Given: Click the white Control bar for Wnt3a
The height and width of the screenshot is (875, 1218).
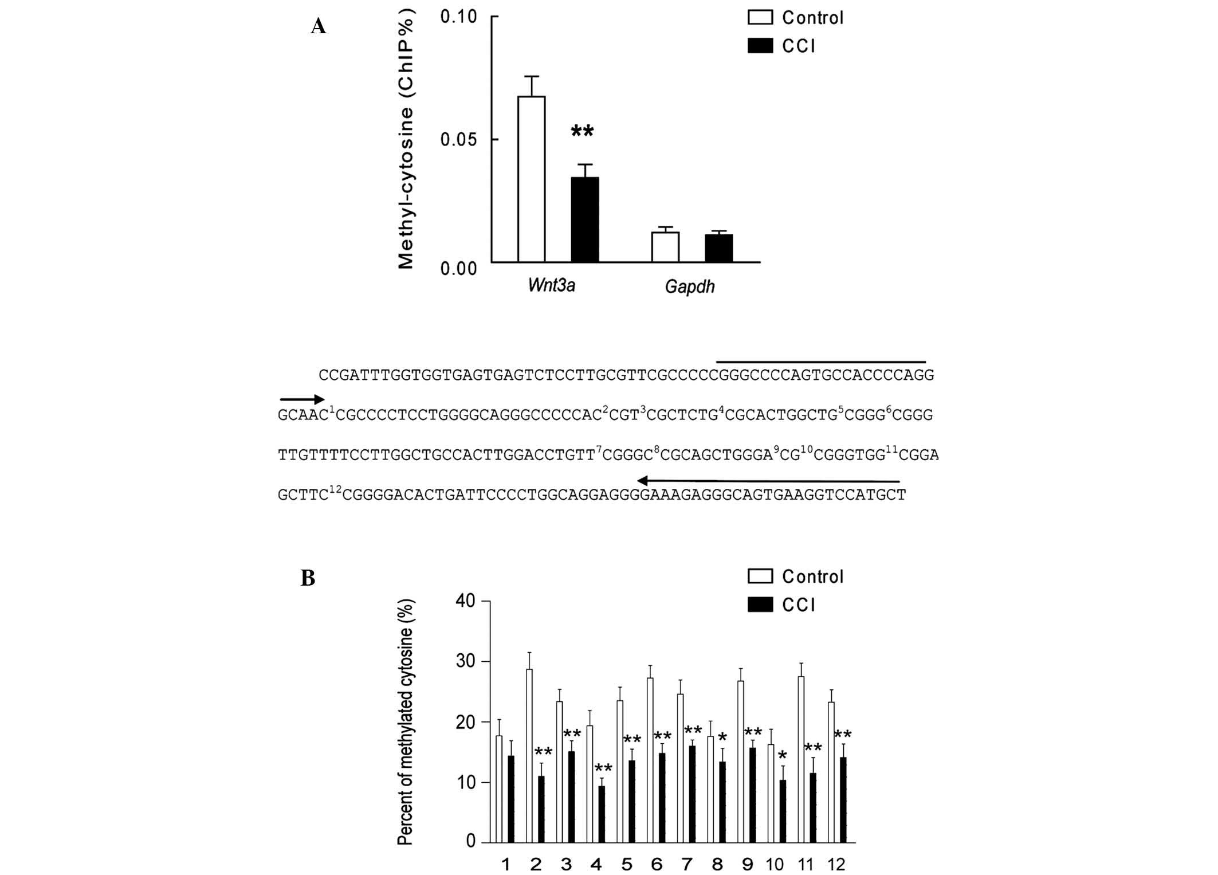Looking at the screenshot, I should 531,179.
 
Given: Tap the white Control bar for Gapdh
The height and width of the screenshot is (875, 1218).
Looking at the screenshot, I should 665,247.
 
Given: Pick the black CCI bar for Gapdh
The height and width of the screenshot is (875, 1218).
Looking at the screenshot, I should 718,248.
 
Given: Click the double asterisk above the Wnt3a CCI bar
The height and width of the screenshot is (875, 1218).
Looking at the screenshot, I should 582,132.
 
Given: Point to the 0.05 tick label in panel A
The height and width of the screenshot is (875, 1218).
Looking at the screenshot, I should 458,139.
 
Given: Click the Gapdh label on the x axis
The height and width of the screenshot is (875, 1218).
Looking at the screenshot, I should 689,286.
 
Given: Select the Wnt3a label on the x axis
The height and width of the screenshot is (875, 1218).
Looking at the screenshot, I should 551,285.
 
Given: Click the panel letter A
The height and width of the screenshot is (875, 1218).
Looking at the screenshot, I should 318,26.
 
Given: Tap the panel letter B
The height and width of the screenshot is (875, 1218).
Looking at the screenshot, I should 308,578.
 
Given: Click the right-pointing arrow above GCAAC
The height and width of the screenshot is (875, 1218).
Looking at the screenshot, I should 302,399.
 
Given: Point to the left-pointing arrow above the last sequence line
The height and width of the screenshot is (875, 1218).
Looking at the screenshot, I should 768,481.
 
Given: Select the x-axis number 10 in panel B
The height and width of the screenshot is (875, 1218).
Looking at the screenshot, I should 775,864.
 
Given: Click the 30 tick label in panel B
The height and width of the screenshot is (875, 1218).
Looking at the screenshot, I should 465,661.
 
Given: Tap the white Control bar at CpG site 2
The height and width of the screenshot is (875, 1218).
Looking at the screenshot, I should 529,755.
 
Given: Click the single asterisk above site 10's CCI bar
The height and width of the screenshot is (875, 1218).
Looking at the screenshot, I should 783,755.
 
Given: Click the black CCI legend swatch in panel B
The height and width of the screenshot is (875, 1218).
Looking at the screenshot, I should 760,605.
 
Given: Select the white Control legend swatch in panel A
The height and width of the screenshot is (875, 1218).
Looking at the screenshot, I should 760,17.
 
